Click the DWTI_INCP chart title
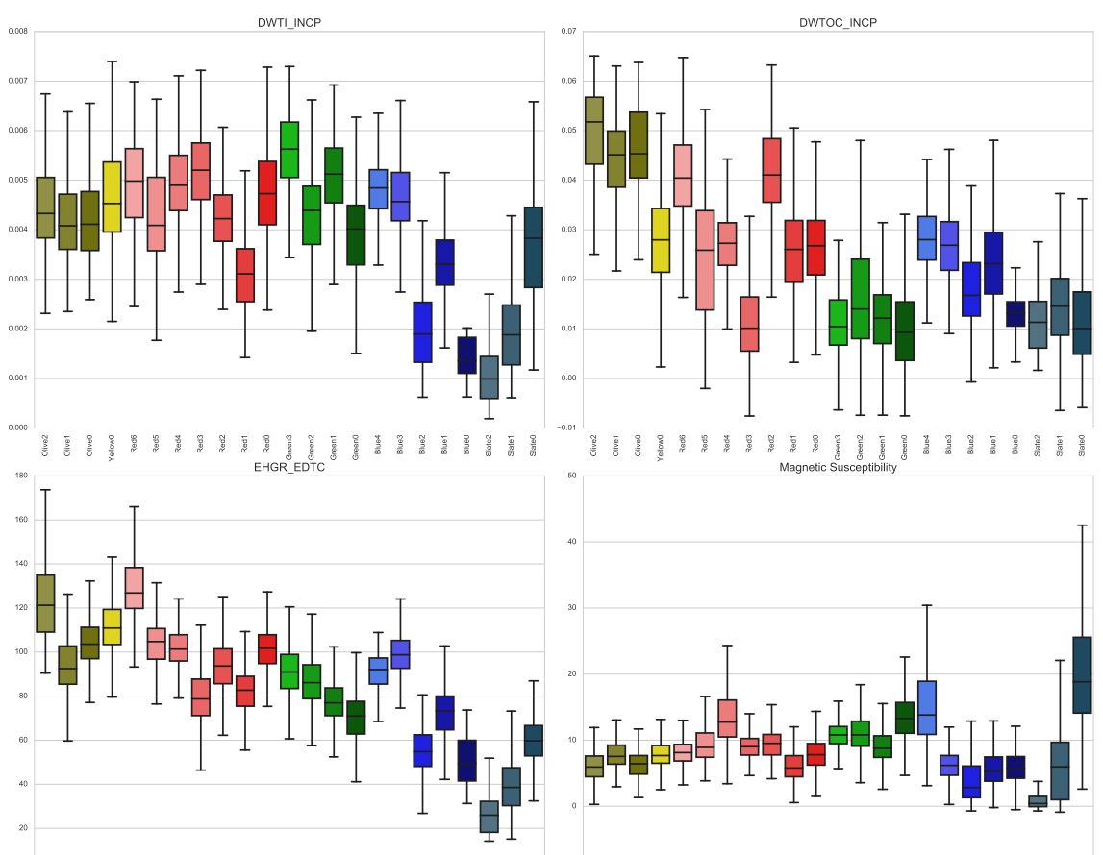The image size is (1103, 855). coord(289,22)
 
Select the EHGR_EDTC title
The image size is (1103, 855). coord(289,467)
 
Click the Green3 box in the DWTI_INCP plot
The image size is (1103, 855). coord(288,150)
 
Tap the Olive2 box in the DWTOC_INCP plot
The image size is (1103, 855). coord(594,131)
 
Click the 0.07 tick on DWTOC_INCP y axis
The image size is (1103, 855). coord(568,31)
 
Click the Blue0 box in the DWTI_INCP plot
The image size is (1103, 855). coord(466,355)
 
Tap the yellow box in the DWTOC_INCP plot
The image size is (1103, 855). coord(661,240)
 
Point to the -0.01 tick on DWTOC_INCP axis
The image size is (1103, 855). coord(566,427)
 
